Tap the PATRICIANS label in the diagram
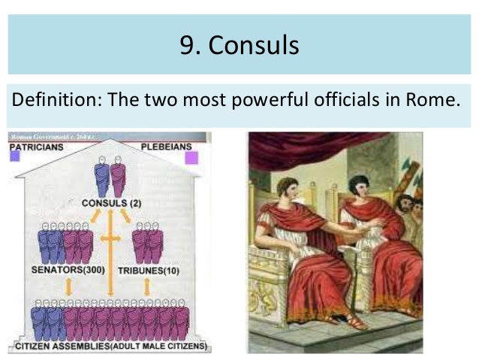[x=35, y=147]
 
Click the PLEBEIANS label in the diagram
[x=169, y=147]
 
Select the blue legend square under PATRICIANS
[x=14, y=158]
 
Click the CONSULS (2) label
[x=111, y=203]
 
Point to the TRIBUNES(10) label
[x=149, y=270]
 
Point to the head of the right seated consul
[x=358, y=185]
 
